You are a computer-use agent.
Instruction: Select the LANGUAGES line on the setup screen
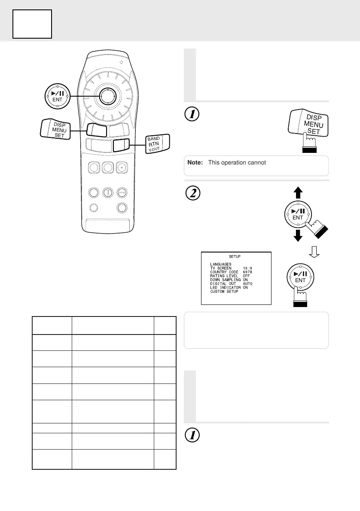[x=221, y=264]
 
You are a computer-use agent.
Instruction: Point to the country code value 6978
[x=249, y=272]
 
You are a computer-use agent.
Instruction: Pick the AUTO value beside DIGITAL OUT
[x=248, y=283]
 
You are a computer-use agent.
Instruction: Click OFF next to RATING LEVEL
[x=246, y=276]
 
